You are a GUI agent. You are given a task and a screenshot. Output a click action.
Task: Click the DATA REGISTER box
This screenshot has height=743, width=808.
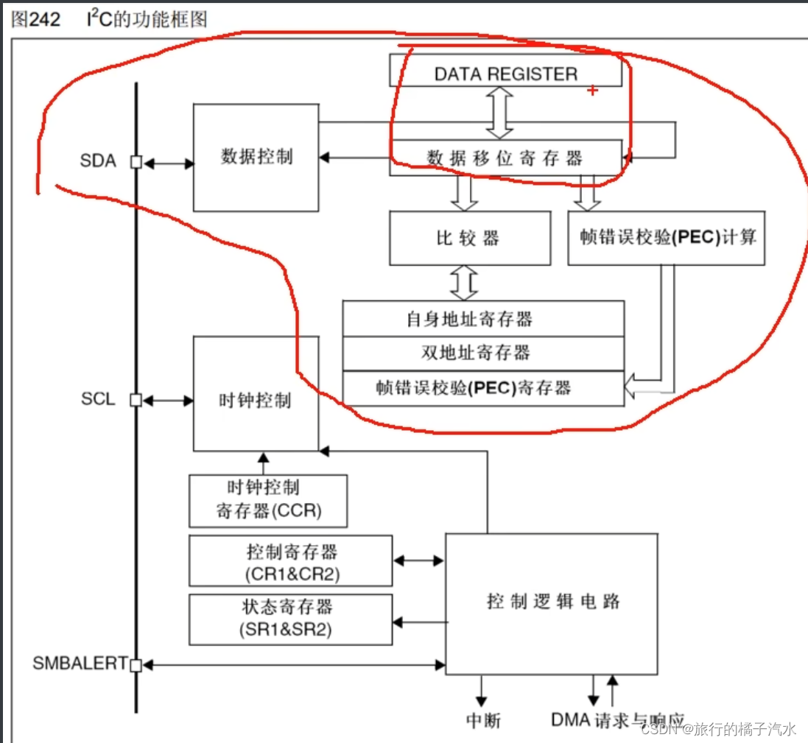(505, 73)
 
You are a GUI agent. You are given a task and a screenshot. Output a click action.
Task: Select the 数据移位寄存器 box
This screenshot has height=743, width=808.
(505, 158)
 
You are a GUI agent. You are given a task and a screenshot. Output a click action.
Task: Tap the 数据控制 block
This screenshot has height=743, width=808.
(256, 157)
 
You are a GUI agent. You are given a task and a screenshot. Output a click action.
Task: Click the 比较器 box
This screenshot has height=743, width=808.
(469, 238)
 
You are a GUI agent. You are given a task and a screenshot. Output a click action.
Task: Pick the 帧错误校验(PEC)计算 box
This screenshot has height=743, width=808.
(666, 238)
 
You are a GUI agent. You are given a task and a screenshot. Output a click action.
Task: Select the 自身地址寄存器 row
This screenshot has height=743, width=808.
(483, 318)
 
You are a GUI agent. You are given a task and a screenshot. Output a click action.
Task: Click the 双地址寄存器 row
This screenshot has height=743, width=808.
(483, 352)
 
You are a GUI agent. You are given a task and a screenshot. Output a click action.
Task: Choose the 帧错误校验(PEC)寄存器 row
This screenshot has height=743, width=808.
(483, 388)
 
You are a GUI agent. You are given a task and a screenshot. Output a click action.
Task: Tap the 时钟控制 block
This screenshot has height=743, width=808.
(256, 400)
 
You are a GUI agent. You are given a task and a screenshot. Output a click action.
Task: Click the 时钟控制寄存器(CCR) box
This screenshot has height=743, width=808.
(268, 500)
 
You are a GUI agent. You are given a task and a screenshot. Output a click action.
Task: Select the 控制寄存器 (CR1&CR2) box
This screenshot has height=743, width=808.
(290, 560)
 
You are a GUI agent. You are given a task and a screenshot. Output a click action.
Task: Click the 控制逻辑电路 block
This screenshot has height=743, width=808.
(552, 602)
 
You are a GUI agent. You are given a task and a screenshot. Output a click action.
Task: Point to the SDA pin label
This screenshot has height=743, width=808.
(98, 161)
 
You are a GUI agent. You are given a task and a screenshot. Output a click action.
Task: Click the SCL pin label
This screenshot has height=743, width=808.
(98, 399)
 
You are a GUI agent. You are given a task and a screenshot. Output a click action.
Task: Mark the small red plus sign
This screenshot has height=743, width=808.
(591, 90)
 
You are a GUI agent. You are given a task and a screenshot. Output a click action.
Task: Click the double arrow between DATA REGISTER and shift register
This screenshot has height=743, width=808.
(500, 112)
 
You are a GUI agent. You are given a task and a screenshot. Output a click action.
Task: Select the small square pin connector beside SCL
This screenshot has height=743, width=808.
(136, 400)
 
